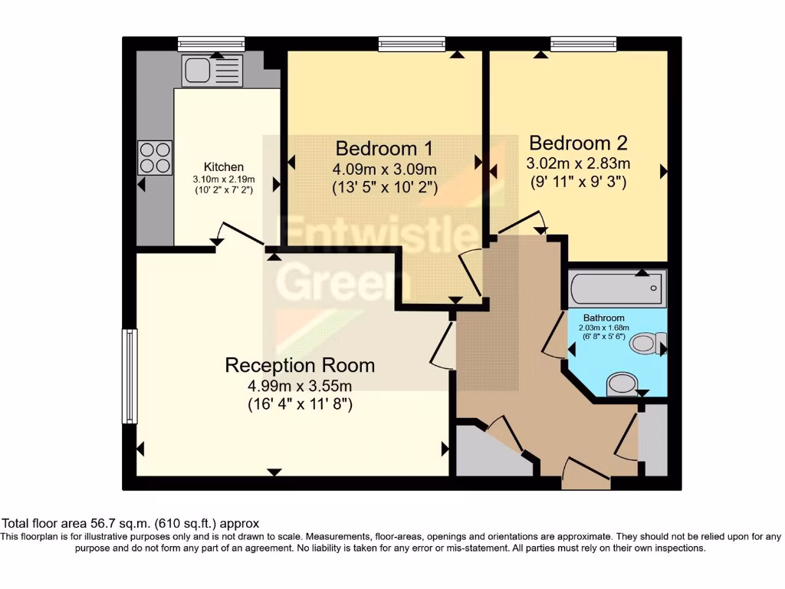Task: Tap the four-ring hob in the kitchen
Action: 155,157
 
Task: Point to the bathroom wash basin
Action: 622,384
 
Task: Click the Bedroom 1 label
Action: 385,148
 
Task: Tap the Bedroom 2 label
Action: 578,143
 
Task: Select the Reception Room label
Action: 300,365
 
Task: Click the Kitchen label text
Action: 223,166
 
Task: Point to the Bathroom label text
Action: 603,318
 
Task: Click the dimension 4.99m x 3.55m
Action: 300,386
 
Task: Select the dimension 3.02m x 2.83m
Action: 578,163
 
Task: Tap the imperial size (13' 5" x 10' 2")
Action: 385,186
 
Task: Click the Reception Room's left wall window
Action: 130,376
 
